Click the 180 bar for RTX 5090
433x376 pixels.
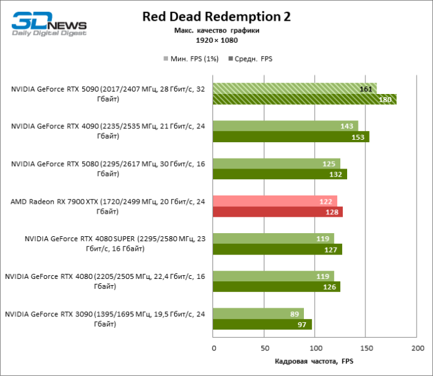[305, 99]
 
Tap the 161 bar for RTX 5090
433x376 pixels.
[295, 88]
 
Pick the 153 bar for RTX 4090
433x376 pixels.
[291, 137]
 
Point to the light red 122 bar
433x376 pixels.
[275, 201]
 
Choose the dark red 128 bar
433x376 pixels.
[278, 212]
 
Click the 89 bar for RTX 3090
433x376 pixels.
[258, 313]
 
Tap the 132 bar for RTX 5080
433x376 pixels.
[280, 174]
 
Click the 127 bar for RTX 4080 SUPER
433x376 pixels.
[278, 249]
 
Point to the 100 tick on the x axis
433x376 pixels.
[315, 348]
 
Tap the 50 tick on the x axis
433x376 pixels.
[264, 348]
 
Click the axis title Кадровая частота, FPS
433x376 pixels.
[315, 362]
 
